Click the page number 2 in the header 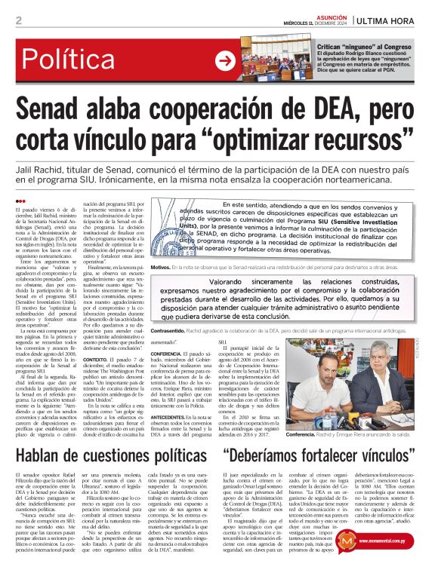[18, 20]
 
